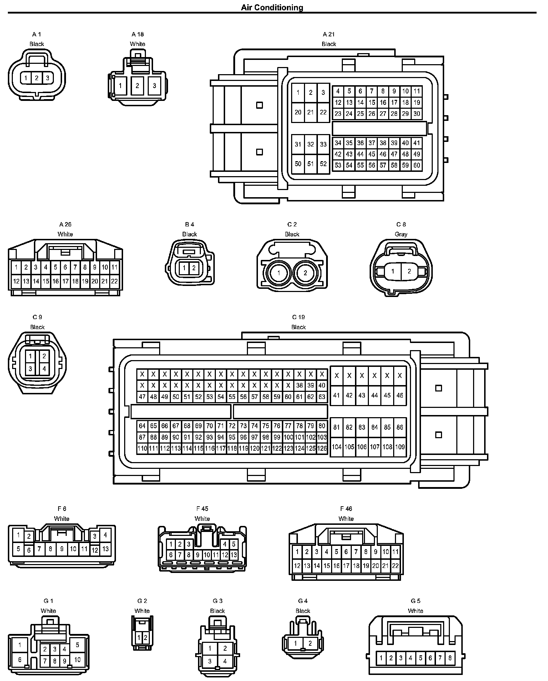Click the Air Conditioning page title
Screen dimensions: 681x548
(272, 7)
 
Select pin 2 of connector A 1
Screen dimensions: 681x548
(37, 78)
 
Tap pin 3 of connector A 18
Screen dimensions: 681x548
(154, 86)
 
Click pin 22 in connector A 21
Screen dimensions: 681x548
(323, 112)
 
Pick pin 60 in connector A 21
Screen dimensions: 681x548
(416, 165)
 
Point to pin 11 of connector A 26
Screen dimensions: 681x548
(114, 267)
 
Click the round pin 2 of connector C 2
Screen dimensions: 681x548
(305, 273)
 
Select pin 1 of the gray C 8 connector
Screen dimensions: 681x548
(393, 271)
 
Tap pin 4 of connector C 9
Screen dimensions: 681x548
(44, 369)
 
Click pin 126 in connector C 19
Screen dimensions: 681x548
(322, 449)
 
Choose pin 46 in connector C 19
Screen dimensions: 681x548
(400, 395)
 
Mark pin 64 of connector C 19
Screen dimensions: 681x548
(142, 426)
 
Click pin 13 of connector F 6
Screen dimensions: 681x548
(105, 549)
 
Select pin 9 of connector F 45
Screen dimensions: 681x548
(198, 555)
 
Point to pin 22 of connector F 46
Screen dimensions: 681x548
(395, 565)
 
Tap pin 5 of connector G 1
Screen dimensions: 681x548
(77, 645)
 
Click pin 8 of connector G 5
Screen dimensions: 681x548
(450, 658)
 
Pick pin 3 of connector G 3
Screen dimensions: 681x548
(210, 661)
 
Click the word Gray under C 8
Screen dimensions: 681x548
(401, 234)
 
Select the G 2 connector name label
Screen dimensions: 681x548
(142, 601)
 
